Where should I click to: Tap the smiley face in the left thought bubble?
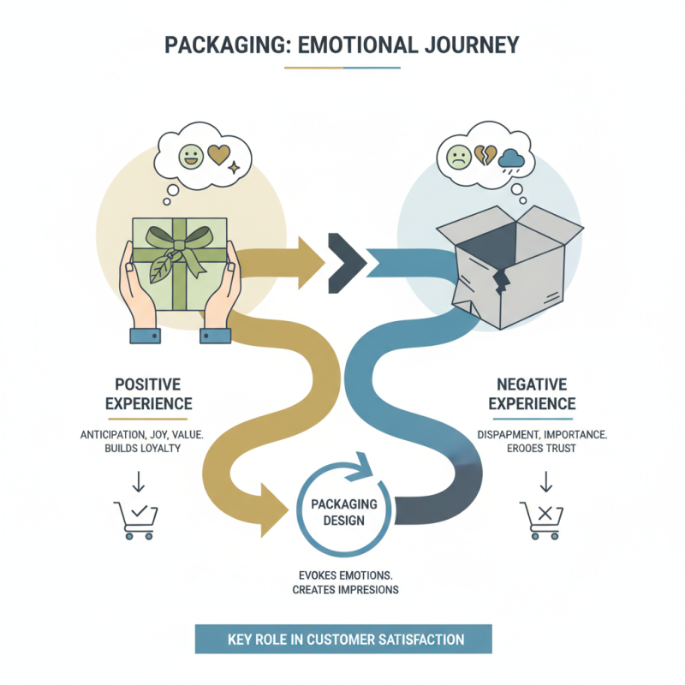tap(189, 158)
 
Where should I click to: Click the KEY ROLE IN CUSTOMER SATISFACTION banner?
tap(344, 640)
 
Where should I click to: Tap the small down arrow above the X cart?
tap(545, 483)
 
